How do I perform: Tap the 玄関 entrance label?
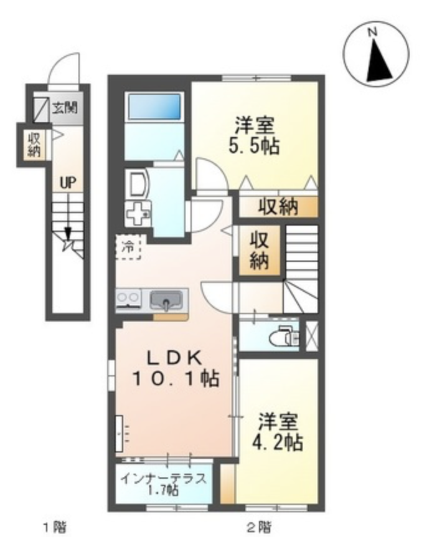point(65,107)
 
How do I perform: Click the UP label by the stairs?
point(68,183)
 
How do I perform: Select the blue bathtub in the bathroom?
point(155,106)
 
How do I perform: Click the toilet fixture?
point(284,337)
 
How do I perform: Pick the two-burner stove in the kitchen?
point(128,300)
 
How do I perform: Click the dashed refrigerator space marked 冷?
point(128,247)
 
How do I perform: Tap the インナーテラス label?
point(163,479)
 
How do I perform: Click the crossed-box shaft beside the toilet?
point(312,336)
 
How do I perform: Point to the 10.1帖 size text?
point(176,379)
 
